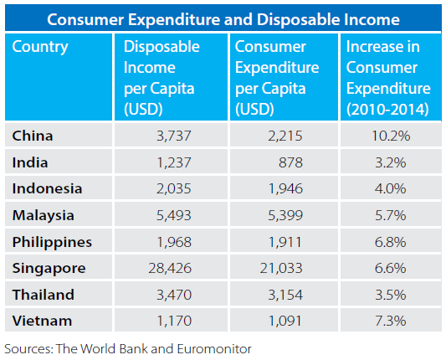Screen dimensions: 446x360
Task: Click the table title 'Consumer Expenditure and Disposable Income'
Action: click(223, 19)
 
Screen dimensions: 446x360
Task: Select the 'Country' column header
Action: click(40, 47)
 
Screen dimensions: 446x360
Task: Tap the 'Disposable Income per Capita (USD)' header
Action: click(161, 78)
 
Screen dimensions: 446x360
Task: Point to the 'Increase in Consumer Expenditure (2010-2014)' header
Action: click(388, 78)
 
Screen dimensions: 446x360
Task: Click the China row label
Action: click(33, 136)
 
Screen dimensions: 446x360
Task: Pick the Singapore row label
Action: click(49, 269)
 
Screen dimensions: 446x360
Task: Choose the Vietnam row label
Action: click(42, 321)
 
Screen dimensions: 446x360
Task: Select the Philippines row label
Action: click(52, 243)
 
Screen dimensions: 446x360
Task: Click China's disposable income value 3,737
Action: click(174, 136)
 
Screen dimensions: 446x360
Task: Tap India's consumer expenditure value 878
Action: click(290, 162)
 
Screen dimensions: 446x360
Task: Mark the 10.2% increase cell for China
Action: click(391, 136)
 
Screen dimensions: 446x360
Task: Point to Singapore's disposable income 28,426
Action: click(170, 269)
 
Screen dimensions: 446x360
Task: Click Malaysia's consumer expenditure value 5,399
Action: click(285, 215)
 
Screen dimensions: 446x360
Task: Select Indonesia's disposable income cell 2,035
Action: click(174, 188)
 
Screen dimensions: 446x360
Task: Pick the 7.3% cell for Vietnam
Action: click(391, 321)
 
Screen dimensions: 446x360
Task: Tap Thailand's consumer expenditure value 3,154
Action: click(285, 295)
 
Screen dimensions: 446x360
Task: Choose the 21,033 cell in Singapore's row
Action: click(281, 269)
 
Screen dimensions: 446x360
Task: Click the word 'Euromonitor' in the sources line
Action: click(214, 349)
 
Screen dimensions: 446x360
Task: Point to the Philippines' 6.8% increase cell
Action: click(391, 243)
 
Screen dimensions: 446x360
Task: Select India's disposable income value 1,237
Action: click(174, 162)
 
